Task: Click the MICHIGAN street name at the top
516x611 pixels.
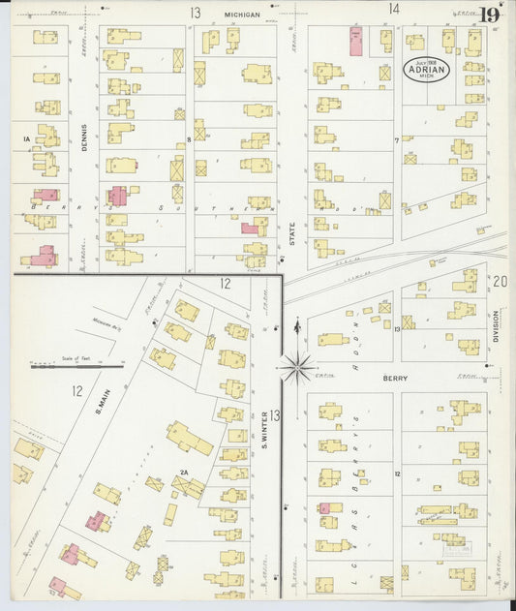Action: [242, 15]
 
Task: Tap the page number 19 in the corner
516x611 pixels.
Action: [490, 15]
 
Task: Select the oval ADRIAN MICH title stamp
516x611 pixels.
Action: [427, 71]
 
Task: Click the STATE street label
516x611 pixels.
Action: [291, 231]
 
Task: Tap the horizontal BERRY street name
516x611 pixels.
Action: [395, 379]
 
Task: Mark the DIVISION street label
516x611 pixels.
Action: [496, 326]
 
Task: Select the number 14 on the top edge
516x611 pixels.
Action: [394, 10]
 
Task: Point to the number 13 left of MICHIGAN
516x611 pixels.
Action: [195, 14]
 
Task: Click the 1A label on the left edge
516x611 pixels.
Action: [26, 139]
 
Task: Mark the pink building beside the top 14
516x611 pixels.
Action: [355, 41]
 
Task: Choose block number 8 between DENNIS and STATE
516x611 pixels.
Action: [190, 139]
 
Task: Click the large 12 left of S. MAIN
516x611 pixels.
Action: [76, 391]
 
